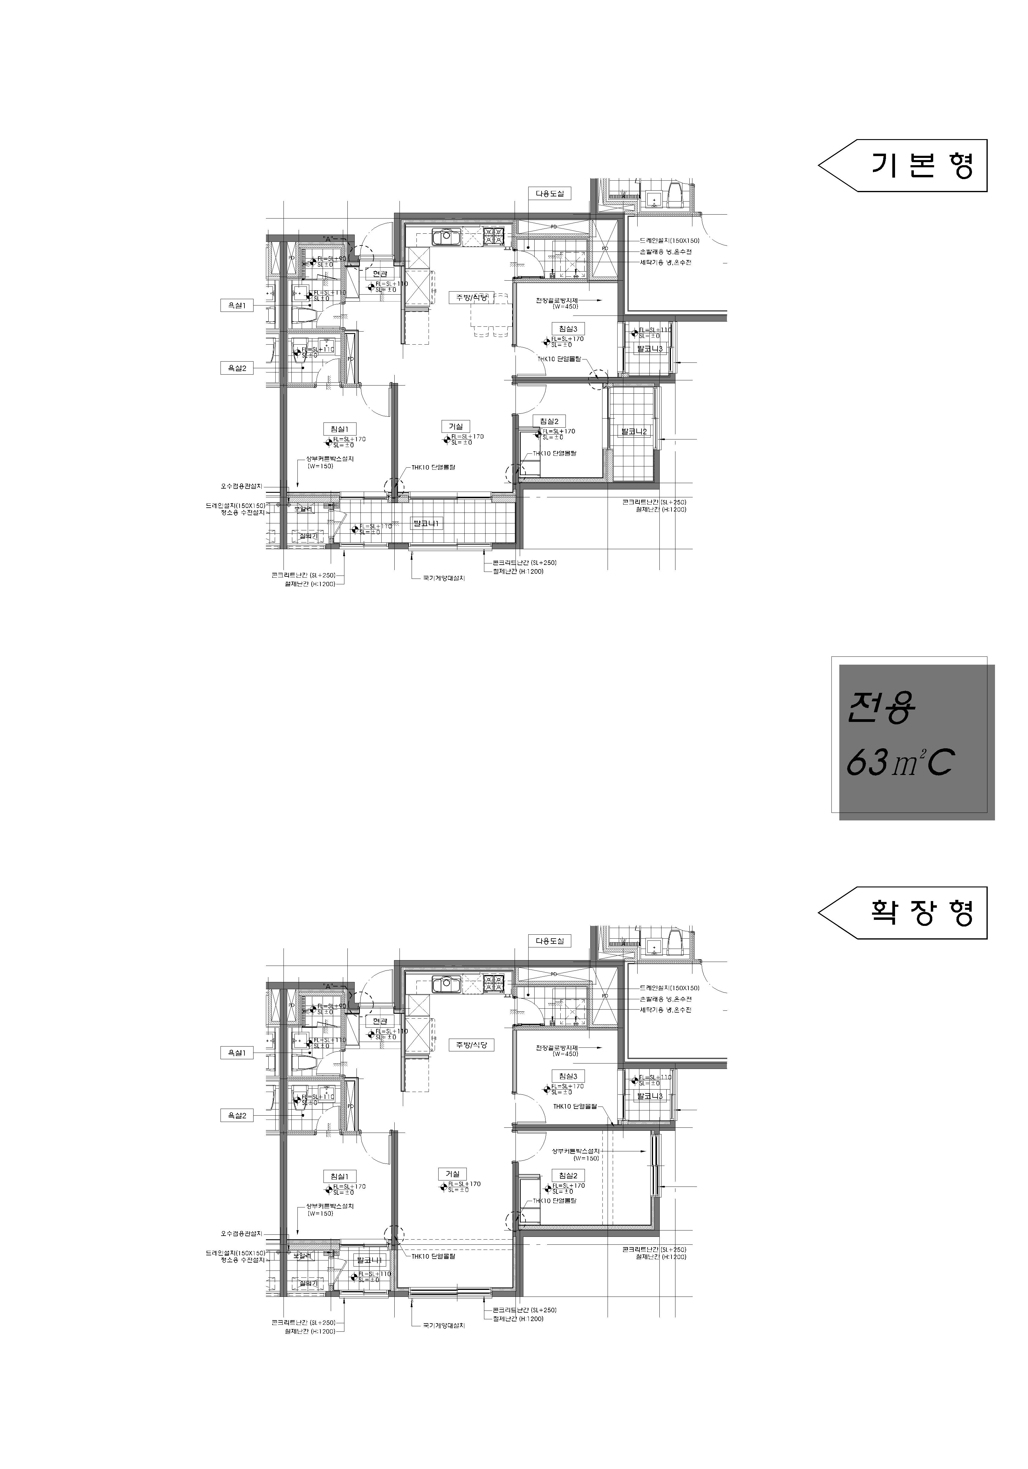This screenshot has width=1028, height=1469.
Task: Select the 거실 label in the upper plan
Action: pos(455,426)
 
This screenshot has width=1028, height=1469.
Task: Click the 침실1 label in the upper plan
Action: pos(339,429)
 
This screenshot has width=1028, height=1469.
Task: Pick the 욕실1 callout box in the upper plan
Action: pos(237,306)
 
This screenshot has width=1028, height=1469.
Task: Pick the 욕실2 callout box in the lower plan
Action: pos(237,1115)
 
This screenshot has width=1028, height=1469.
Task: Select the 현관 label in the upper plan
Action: pos(380,274)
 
